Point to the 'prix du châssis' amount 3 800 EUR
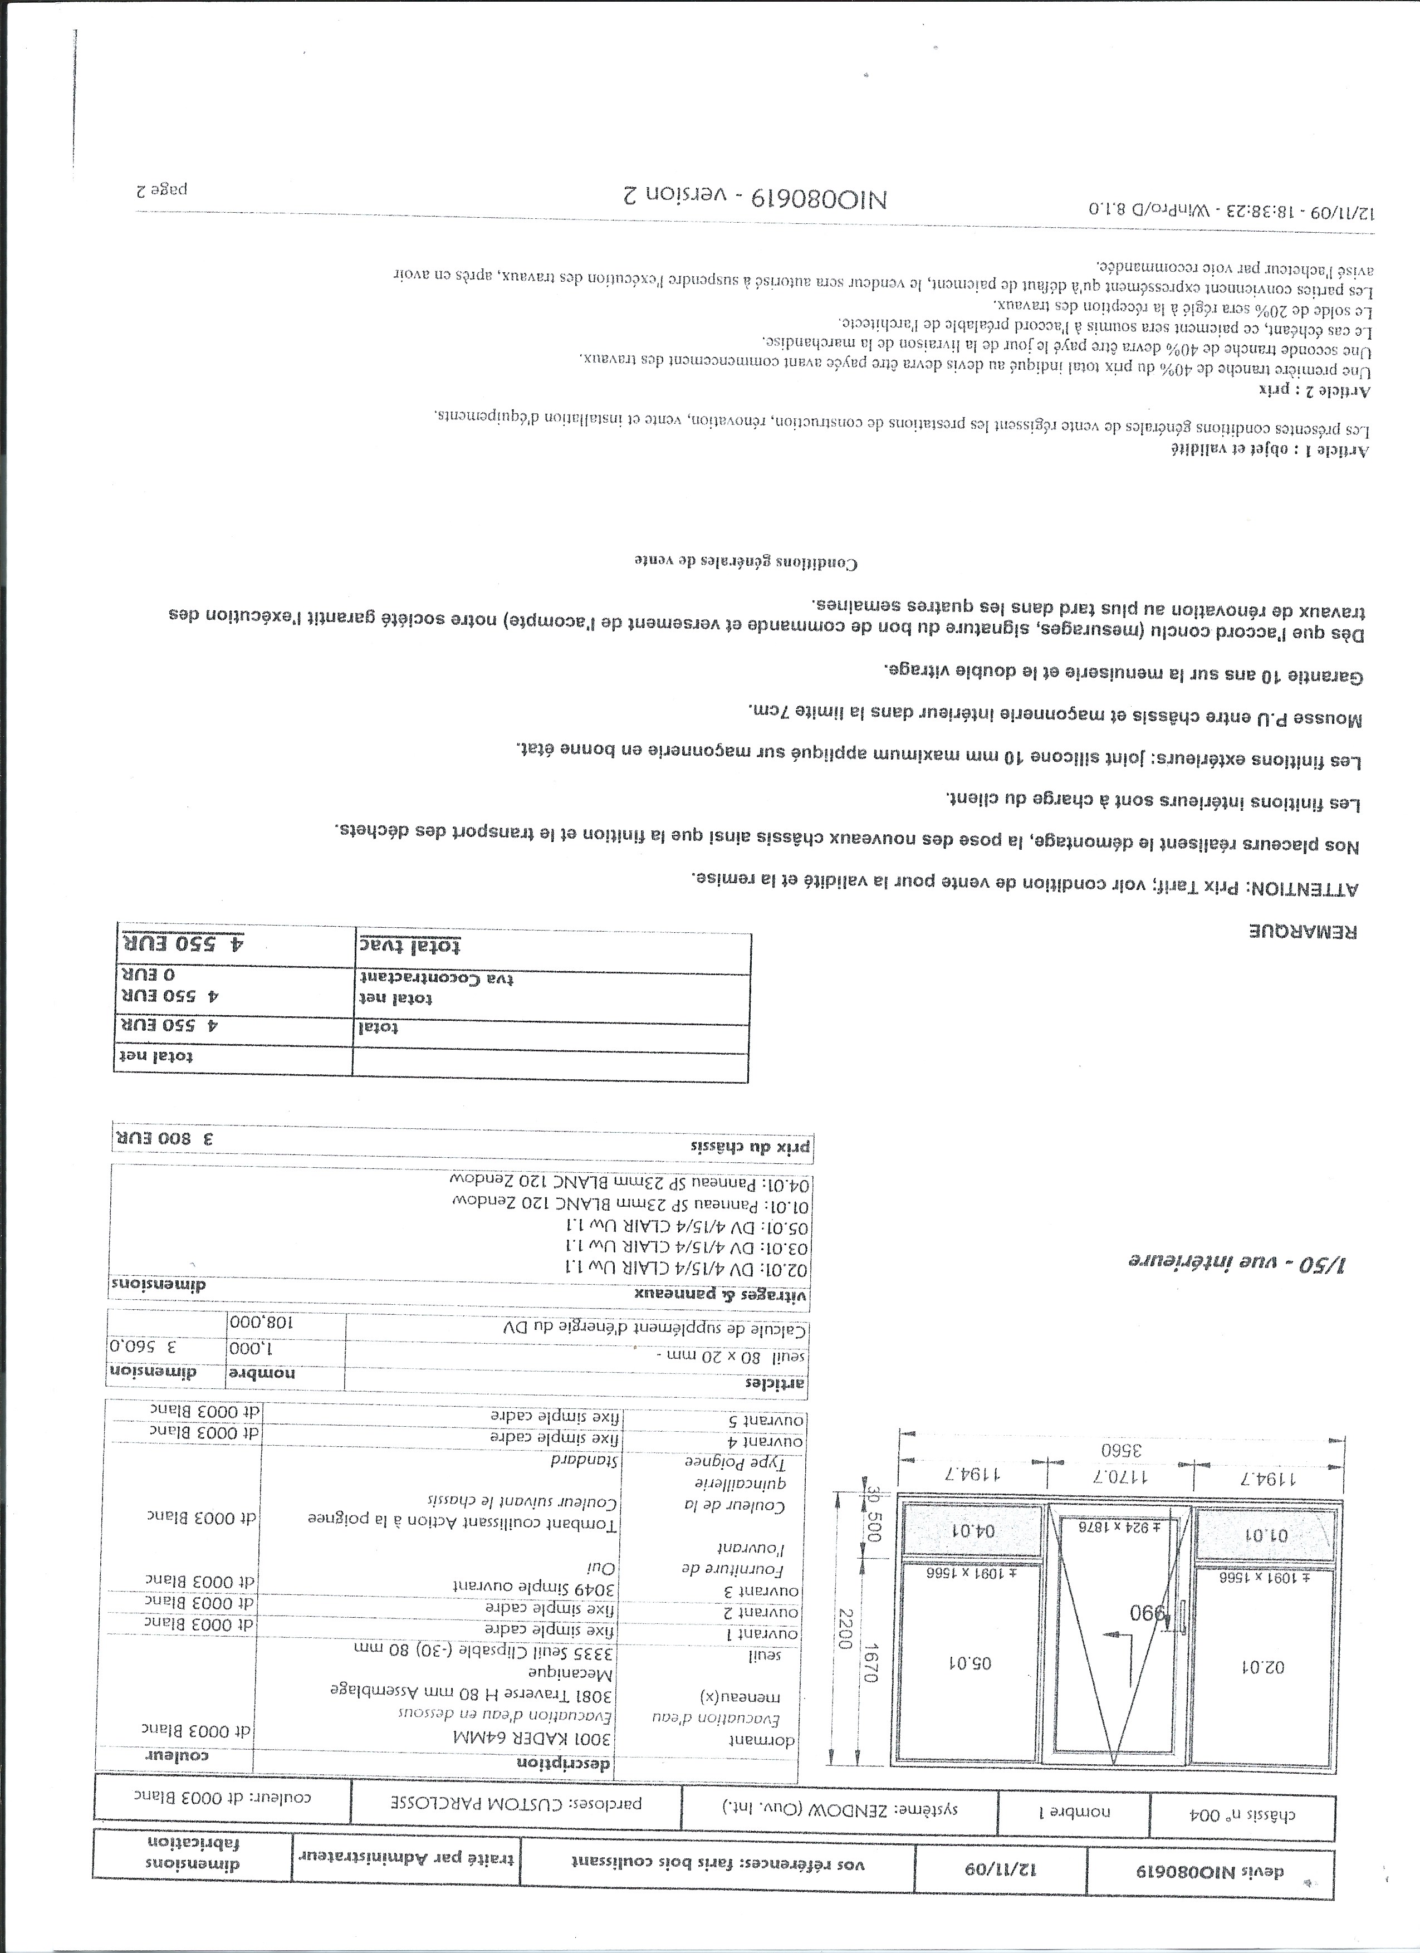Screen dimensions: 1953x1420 tap(163, 1137)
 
